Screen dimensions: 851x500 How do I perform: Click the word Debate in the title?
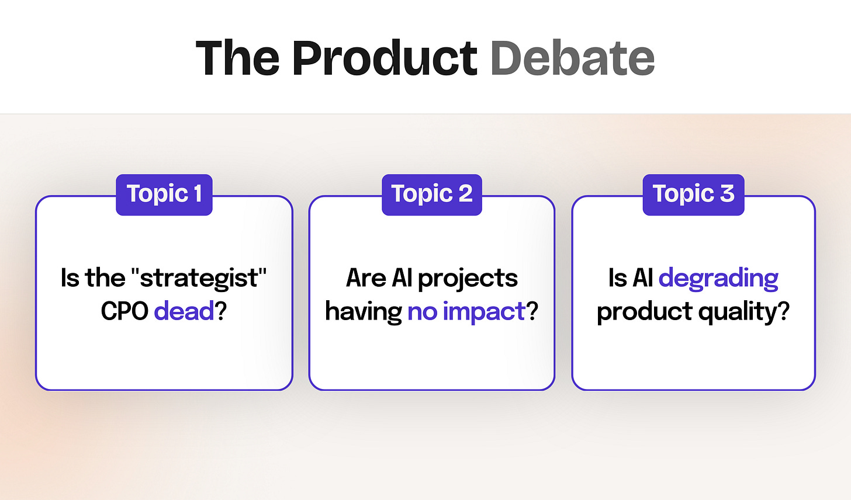573,58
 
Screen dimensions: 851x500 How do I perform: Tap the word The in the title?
237,58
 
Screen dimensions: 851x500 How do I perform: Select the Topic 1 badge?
164,195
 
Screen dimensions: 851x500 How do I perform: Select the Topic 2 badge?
432,195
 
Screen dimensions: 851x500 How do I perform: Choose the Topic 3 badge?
694,195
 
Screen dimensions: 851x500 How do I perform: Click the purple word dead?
184,311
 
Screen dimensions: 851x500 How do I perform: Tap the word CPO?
124,311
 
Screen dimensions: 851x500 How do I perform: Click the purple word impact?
485,312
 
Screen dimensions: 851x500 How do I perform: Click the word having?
364,312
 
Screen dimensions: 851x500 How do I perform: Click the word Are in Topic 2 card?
365,278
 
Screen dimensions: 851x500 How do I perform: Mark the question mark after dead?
221,311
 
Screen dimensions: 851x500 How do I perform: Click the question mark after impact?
532,311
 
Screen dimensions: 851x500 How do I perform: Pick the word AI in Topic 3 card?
643,278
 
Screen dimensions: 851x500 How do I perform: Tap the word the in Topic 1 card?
105,277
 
